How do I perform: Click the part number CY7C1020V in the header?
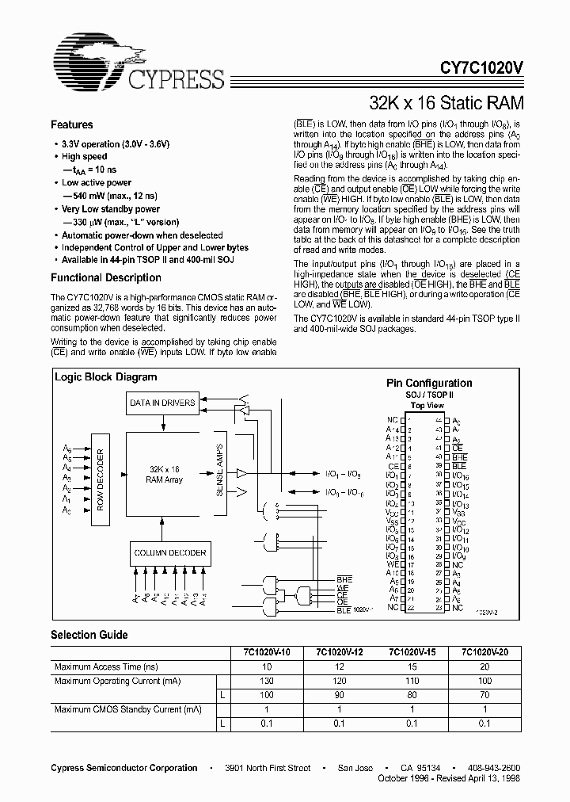tap(476, 70)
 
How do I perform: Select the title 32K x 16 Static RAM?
tap(446, 103)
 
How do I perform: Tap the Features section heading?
tap(72, 125)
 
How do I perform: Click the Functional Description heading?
tap(105, 278)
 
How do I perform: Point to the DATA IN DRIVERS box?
tap(161, 403)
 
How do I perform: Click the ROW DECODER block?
tap(100, 479)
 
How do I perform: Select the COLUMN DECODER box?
tap(169, 552)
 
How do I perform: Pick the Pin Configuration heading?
tap(428, 383)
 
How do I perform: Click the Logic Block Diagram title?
tap(105, 377)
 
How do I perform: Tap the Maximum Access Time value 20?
tap(485, 667)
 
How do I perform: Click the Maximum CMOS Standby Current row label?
tap(127, 708)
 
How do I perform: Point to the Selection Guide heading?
tap(89, 635)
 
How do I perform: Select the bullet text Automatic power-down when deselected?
tap(142, 235)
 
